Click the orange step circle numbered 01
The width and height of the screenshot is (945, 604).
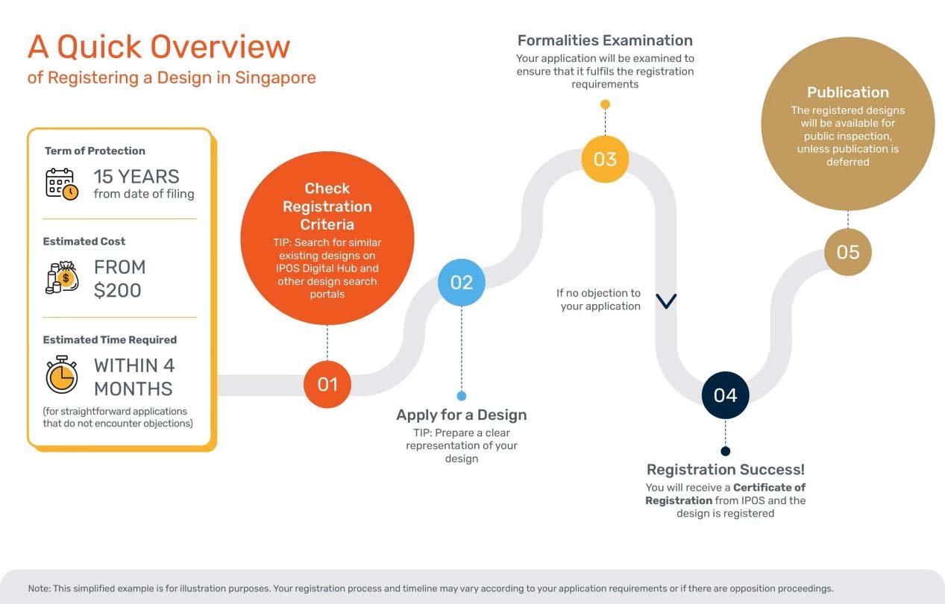click(327, 384)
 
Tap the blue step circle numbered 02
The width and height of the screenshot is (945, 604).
click(462, 283)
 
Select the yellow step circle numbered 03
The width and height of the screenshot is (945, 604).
click(605, 159)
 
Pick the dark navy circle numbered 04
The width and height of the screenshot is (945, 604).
click(725, 395)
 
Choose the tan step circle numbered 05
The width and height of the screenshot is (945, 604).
click(847, 252)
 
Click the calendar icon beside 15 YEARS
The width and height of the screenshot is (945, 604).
click(62, 183)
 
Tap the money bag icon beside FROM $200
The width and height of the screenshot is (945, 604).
click(62, 277)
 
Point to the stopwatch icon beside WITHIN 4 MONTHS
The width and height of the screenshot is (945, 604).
click(61, 375)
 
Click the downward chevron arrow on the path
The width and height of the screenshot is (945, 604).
click(666, 301)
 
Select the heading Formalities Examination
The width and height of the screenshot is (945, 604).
click(605, 40)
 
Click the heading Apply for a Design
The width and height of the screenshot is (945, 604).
click(462, 415)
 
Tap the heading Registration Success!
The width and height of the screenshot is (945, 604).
click(725, 470)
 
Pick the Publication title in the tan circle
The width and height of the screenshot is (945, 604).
click(847, 92)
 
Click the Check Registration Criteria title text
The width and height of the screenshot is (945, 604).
click(327, 207)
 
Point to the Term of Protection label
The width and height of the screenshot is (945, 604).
click(95, 151)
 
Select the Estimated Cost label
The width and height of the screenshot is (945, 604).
click(84, 242)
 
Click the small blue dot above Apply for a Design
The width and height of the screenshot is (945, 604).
click(462, 396)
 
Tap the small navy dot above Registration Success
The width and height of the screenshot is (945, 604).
click(725, 451)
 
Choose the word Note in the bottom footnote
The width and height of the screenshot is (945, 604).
click(39, 588)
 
